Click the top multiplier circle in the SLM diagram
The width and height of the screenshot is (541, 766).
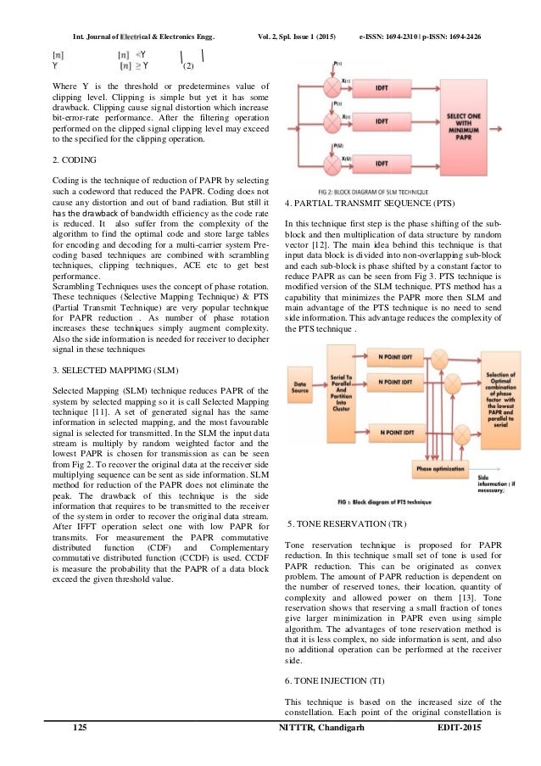tap(326, 88)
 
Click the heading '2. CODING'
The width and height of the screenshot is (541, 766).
tap(73, 159)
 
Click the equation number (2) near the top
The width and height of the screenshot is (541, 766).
tap(189, 64)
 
